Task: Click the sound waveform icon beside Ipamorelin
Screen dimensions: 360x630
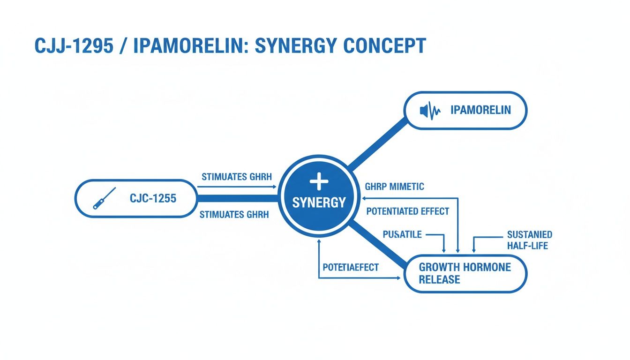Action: point(430,111)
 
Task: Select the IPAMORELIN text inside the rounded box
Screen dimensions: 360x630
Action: point(480,110)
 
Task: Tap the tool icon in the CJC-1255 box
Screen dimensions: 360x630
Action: point(104,198)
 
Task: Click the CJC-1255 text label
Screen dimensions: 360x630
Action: point(153,198)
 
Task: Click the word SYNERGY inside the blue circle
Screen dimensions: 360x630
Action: point(319,202)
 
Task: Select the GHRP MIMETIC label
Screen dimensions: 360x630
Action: point(394,187)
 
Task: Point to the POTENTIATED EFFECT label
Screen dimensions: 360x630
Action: point(407,211)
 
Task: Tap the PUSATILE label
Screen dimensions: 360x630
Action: point(402,234)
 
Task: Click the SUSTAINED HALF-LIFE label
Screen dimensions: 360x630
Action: point(529,240)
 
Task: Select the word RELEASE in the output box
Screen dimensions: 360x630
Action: point(439,280)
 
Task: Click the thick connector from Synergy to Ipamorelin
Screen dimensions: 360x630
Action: point(377,142)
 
